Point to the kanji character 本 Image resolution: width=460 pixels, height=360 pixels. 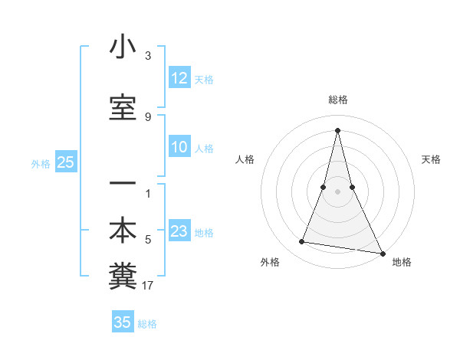tap(123, 231)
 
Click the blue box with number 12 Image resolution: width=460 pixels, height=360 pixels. tap(179, 79)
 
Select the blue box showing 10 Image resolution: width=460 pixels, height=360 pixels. tap(179, 148)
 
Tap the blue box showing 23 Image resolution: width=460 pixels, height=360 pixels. tap(179, 232)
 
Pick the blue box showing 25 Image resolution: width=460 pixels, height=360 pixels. tap(65, 162)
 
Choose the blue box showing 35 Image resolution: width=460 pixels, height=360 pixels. tap(123, 322)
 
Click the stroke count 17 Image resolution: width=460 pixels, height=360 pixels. tap(148, 286)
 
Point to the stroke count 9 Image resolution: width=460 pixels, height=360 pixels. tap(148, 117)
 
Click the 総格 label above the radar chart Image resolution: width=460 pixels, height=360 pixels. tap(337, 100)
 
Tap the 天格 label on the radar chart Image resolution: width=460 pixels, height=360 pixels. tap(431, 159)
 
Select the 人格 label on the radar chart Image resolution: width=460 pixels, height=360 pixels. tap(245, 159)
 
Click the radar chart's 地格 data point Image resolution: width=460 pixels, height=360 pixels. tap(383, 252)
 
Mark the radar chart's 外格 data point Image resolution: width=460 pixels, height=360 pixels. tap(302, 242)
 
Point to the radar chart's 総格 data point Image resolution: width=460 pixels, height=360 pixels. tap(337, 129)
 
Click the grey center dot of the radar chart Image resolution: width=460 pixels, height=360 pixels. tap(337, 191)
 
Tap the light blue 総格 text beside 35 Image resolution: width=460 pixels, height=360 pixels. tap(147, 324)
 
